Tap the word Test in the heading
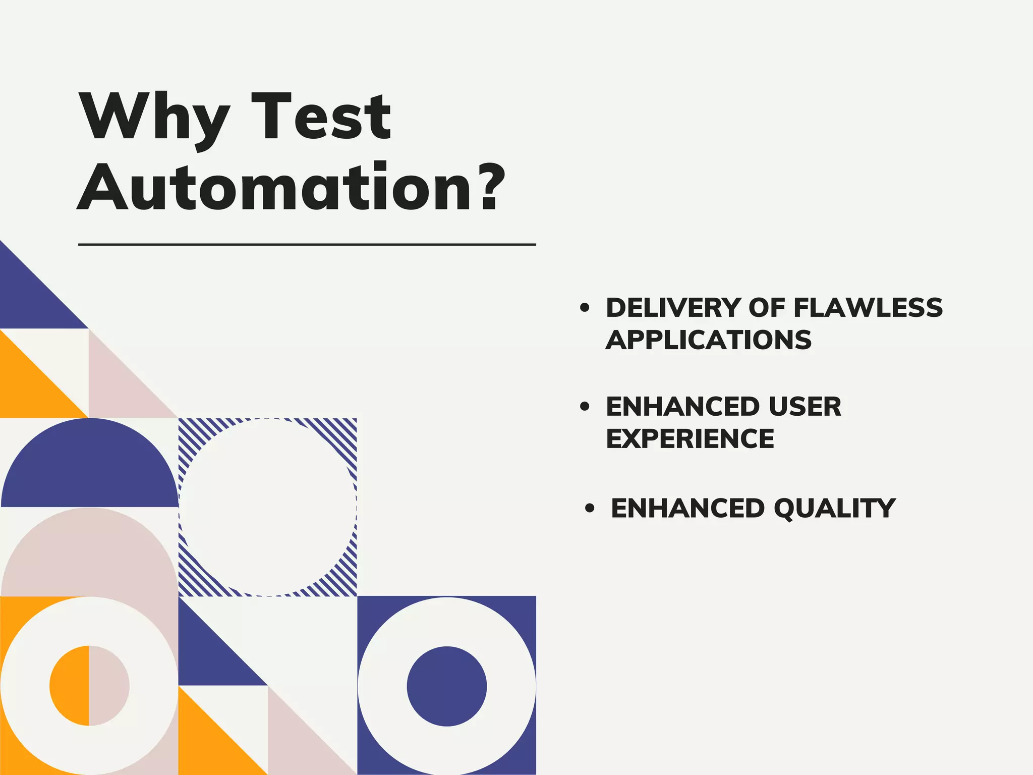(x=321, y=117)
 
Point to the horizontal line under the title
(x=307, y=245)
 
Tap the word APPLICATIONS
(x=708, y=340)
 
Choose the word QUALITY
(x=834, y=508)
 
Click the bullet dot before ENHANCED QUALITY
(x=590, y=508)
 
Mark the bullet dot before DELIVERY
(x=585, y=308)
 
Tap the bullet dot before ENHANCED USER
(x=585, y=407)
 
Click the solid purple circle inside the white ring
(x=446, y=686)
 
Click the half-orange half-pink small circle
(x=89, y=686)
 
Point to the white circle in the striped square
(x=267, y=507)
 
